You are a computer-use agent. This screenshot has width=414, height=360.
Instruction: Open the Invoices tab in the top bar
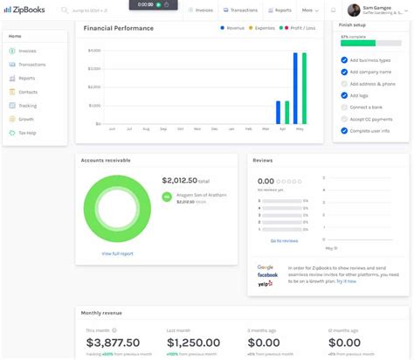click(202, 10)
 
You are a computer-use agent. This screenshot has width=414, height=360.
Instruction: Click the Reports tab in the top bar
click(280, 10)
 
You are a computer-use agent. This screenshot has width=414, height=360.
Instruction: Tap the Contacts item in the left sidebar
click(28, 91)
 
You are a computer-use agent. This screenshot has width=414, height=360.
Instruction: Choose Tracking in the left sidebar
click(28, 105)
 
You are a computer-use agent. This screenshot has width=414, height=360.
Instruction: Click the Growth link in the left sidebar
click(27, 119)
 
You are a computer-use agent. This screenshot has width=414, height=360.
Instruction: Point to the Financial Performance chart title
click(119, 28)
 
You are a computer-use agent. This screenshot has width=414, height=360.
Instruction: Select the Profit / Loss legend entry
click(300, 28)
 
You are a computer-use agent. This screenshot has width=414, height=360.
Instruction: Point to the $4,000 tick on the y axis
click(95, 50)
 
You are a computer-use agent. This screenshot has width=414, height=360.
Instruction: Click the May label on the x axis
click(300, 128)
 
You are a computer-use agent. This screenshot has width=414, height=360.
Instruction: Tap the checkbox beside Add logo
click(344, 95)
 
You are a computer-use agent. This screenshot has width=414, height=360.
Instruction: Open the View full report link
click(117, 253)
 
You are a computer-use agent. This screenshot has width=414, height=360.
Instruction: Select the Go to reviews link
click(284, 239)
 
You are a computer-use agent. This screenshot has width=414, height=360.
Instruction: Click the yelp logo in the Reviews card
click(266, 284)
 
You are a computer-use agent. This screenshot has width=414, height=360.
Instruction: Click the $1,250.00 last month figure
click(193, 343)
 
